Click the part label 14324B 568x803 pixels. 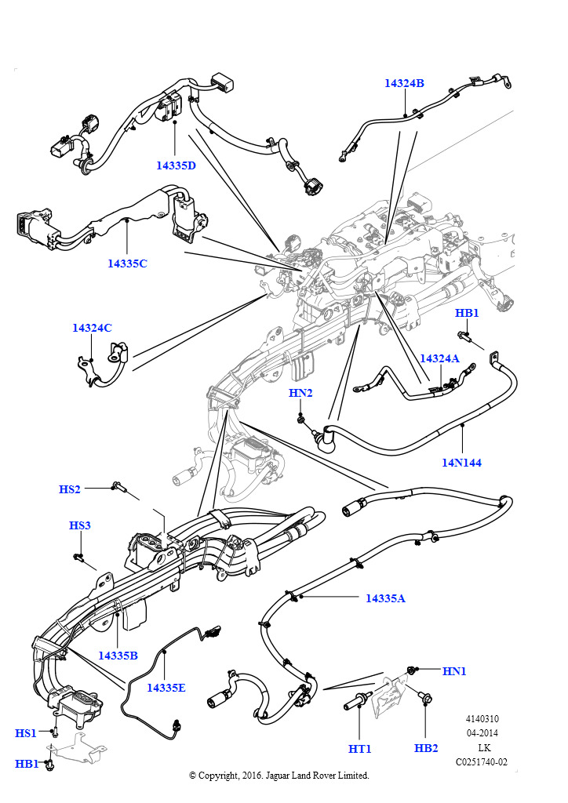(x=404, y=83)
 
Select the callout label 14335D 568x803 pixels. (x=176, y=165)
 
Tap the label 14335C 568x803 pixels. (x=127, y=263)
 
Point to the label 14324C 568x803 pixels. (x=92, y=328)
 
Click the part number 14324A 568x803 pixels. (x=439, y=358)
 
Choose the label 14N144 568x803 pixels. (x=461, y=463)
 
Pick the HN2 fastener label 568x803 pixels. (x=300, y=393)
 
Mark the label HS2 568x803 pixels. (x=70, y=489)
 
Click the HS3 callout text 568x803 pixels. (x=80, y=525)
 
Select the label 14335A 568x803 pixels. (x=385, y=598)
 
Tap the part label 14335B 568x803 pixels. (x=118, y=655)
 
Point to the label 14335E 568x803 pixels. (x=166, y=688)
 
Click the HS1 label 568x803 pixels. (x=26, y=733)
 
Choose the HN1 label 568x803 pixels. (x=454, y=671)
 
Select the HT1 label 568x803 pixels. (x=359, y=749)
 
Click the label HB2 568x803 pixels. (x=426, y=748)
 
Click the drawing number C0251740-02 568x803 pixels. (x=482, y=761)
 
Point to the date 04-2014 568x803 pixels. (x=482, y=733)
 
